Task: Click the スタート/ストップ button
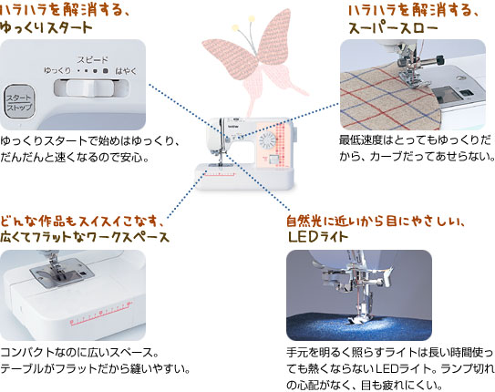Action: (19, 101)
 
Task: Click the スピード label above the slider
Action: (92, 59)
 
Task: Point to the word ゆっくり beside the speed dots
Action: (57, 70)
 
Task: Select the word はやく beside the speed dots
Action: (126, 71)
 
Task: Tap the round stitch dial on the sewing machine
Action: (267, 140)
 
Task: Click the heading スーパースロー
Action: (393, 28)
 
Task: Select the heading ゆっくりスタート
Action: (46, 27)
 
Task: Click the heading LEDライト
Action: (317, 237)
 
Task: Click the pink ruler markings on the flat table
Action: (100, 314)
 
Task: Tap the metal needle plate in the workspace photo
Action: (62, 273)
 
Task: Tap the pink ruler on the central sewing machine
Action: (220, 174)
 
